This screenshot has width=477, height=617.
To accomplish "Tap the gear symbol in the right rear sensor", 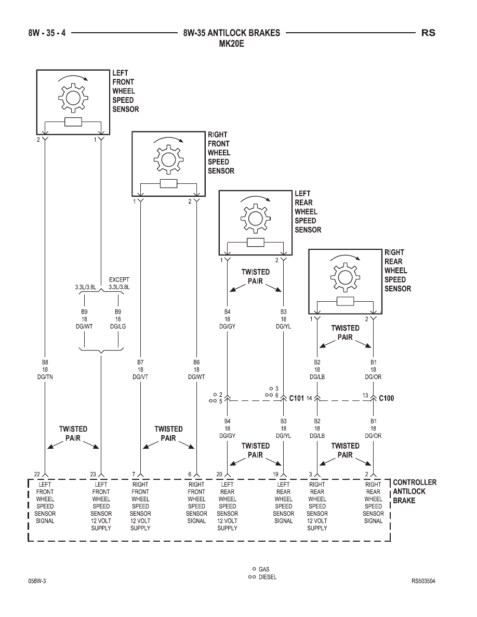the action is (x=345, y=277).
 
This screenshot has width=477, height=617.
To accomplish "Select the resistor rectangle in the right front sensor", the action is (x=169, y=184).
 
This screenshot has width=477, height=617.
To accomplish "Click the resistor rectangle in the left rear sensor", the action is (x=256, y=243).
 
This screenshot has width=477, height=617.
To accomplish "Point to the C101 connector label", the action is (x=296, y=398).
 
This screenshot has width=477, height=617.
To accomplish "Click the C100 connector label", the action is (x=386, y=398).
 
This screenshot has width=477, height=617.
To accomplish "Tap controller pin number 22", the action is (x=37, y=474).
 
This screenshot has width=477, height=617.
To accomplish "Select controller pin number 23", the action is (x=93, y=474).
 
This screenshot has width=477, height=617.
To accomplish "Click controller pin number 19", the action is (x=275, y=474).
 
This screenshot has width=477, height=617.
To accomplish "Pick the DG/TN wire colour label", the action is (x=45, y=377).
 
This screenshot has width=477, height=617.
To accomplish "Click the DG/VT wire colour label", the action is (x=140, y=377).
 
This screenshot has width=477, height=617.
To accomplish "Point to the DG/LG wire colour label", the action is (x=117, y=327).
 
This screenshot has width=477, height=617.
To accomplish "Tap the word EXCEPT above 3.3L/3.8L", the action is (x=119, y=280).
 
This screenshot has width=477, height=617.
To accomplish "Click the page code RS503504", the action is (x=423, y=581).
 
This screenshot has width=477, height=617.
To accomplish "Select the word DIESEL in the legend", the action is (x=268, y=577).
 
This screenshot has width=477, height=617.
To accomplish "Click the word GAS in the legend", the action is (x=264, y=569).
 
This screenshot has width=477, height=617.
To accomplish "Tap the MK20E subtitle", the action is (x=231, y=43).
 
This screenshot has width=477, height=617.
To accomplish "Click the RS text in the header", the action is (x=428, y=33).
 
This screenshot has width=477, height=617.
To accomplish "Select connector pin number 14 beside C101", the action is (x=309, y=398).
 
